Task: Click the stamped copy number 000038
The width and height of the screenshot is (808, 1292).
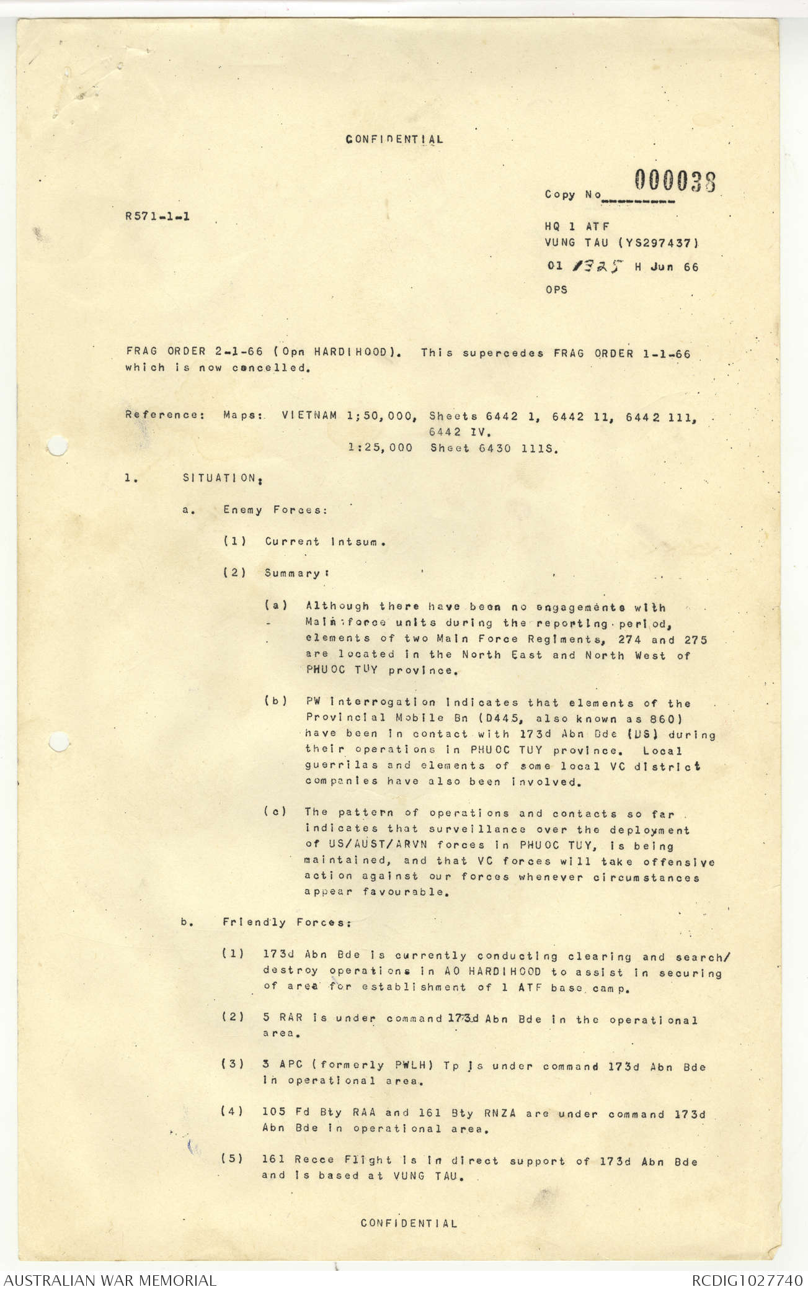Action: click(x=675, y=181)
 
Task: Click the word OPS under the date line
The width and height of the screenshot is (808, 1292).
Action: click(x=556, y=290)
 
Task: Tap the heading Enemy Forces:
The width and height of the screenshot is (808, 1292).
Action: click(x=275, y=510)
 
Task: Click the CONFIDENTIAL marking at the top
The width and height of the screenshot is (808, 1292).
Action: click(x=394, y=139)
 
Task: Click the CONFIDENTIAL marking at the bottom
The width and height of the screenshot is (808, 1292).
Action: click(x=409, y=1223)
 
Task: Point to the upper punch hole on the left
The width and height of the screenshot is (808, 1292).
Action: click(x=56, y=446)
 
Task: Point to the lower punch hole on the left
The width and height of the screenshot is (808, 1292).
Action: click(x=56, y=740)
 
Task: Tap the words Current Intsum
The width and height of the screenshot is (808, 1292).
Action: click(x=326, y=542)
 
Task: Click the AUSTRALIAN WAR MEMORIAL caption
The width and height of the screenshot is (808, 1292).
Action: click(x=109, y=1280)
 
